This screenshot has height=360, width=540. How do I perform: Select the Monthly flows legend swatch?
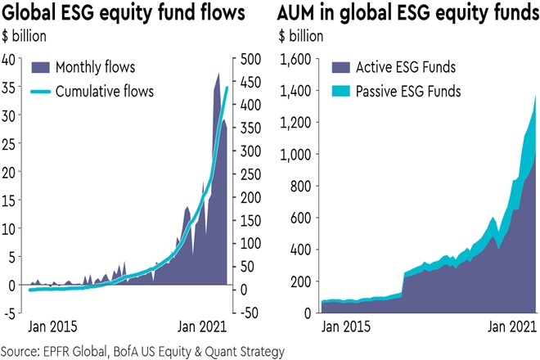43,67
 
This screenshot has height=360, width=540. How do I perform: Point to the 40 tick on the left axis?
11,58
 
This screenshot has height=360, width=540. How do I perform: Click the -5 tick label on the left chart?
11,313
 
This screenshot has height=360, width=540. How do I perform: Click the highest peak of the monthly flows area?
218,74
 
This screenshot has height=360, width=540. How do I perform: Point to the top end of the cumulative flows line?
227,87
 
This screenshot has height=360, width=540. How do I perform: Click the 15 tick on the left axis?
11,200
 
